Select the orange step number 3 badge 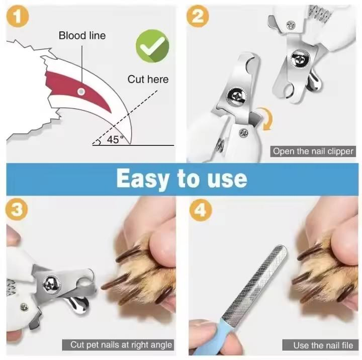(17, 210)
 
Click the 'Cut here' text (148, 79)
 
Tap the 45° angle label (114, 140)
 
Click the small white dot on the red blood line (81, 91)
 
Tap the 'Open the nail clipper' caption (313, 151)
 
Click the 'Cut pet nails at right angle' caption (118, 345)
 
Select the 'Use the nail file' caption (323, 345)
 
